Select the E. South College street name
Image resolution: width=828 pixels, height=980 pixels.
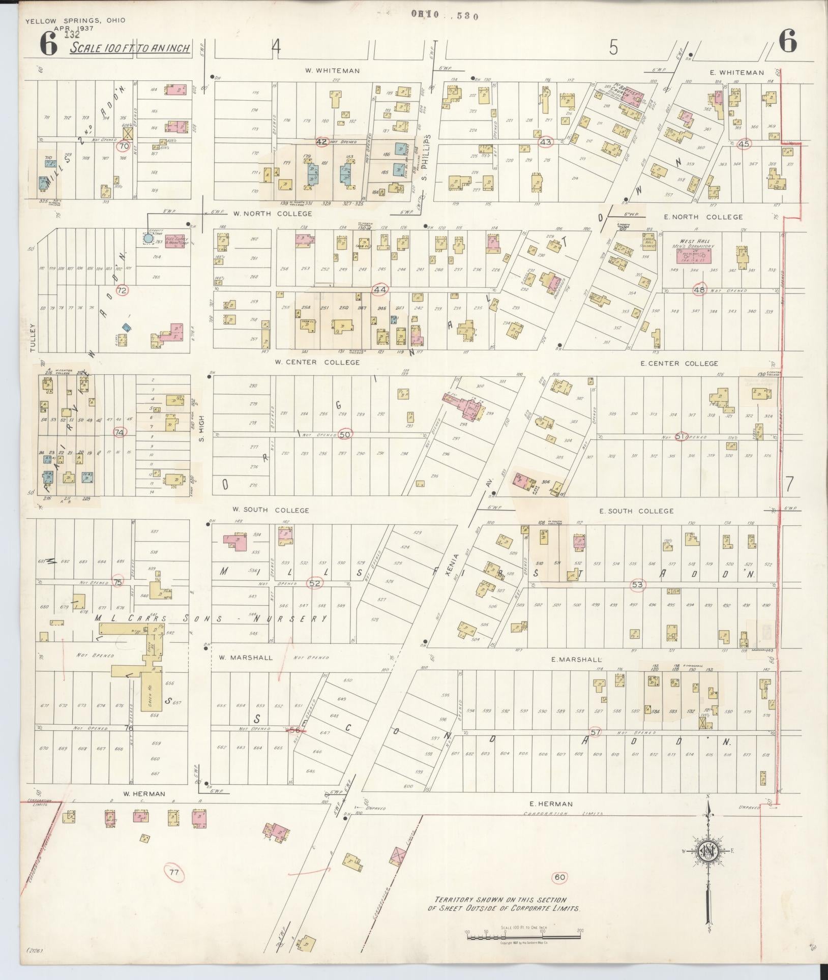click(636, 511)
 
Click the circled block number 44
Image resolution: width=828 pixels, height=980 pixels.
click(380, 290)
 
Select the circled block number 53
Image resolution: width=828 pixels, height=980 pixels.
click(637, 585)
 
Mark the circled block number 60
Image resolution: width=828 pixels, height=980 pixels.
click(559, 877)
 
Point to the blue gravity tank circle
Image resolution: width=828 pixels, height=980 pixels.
click(148, 238)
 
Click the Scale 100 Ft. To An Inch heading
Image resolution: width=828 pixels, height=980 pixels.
click(130, 48)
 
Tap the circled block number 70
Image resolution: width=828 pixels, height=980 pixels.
click(123, 146)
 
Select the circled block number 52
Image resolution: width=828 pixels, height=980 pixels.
click(315, 583)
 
